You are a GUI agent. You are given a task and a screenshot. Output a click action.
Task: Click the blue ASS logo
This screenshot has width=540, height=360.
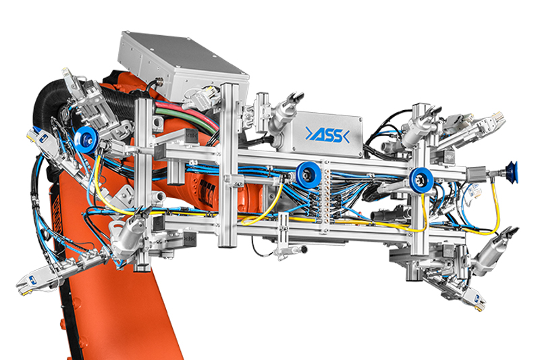point(327,134)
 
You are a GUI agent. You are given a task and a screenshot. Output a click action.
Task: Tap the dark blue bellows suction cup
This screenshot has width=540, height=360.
point(511,172)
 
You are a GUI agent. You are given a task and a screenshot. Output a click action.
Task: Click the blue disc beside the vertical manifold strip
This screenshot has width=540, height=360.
point(307,175)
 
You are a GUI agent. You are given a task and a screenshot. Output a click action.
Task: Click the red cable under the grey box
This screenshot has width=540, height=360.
point(188,112)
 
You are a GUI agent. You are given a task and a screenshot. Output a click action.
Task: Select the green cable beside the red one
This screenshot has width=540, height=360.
point(188,119)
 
